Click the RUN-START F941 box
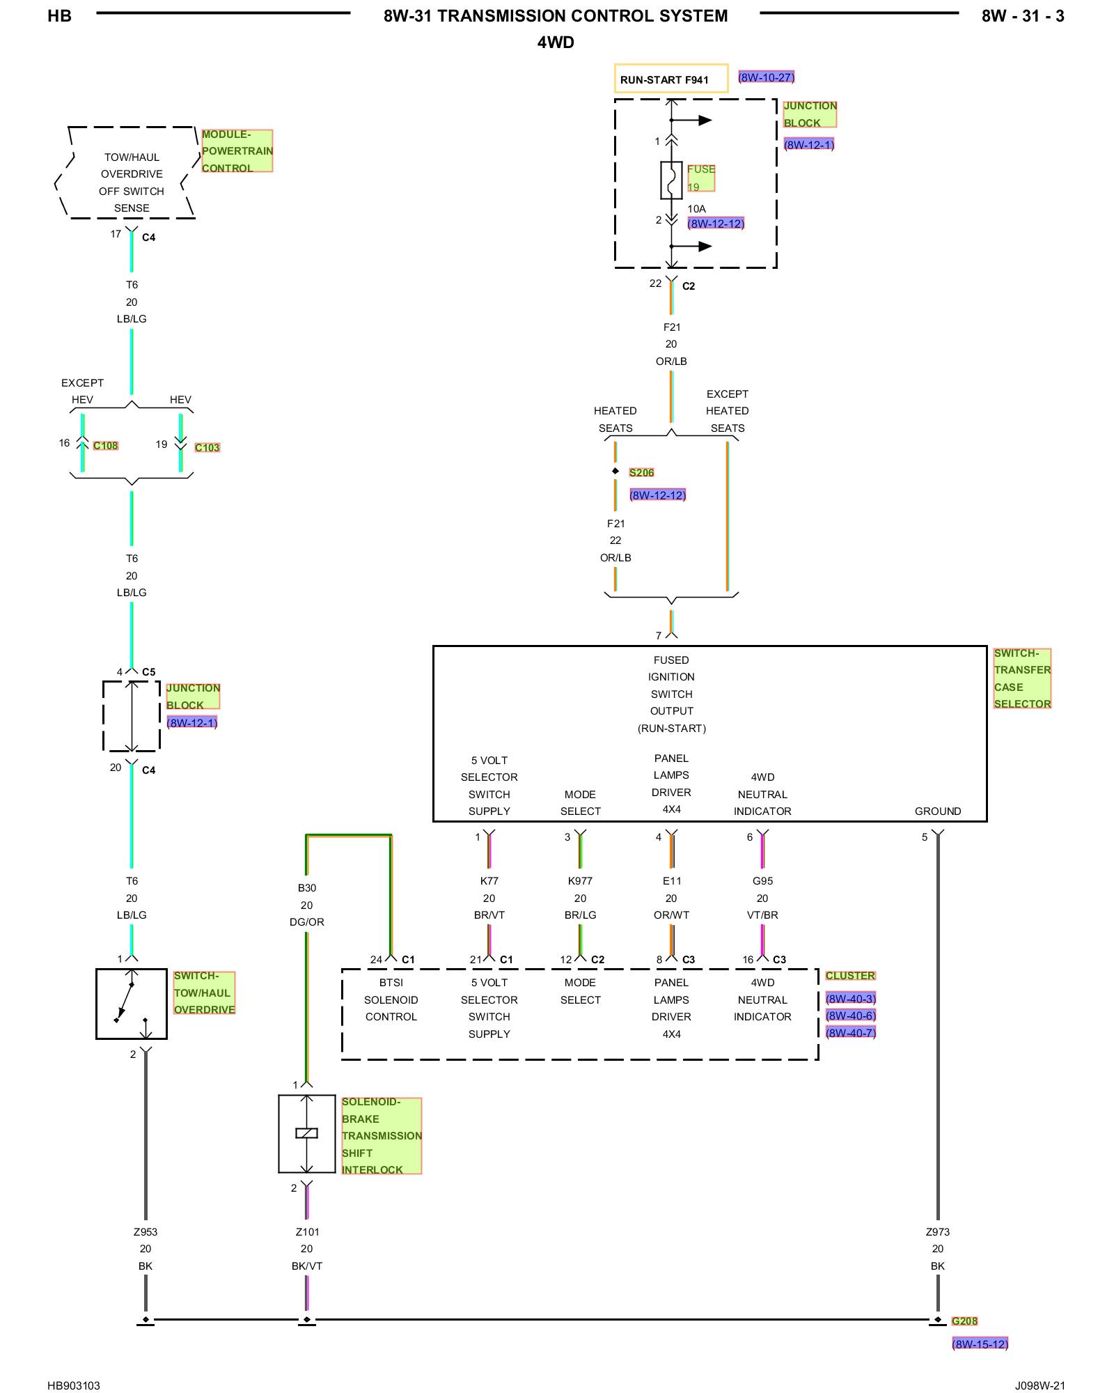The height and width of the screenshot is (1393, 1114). pos(671,79)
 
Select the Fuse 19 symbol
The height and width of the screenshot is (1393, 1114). pos(671,180)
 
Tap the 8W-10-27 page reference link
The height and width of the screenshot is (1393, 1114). pos(766,77)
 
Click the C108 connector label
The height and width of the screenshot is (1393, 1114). pos(106,446)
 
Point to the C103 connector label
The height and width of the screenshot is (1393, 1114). pos(207,448)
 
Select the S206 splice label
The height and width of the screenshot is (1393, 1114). pos(641,473)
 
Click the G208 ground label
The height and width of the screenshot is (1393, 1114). pos(964,1321)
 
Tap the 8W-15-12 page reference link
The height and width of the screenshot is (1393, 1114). pos(980,1344)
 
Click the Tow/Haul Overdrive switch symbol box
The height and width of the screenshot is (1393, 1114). pos(132,1004)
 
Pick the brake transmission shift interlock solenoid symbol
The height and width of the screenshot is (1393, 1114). pos(307,1134)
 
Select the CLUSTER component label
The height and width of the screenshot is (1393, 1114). pos(850,976)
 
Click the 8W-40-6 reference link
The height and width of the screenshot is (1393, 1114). pos(851,1015)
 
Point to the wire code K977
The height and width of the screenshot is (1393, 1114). pos(580,881)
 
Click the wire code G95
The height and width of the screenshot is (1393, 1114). pos(762,881)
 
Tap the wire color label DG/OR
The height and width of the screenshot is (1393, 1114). pos(307,922)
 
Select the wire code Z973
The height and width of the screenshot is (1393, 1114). pos(938,1232)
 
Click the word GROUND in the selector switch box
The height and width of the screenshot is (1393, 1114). pos(938,811)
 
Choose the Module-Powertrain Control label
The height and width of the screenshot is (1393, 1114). pos(237,151)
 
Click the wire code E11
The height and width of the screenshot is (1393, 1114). pos(672,881)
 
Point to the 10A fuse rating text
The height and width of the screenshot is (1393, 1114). pos(696,209)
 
